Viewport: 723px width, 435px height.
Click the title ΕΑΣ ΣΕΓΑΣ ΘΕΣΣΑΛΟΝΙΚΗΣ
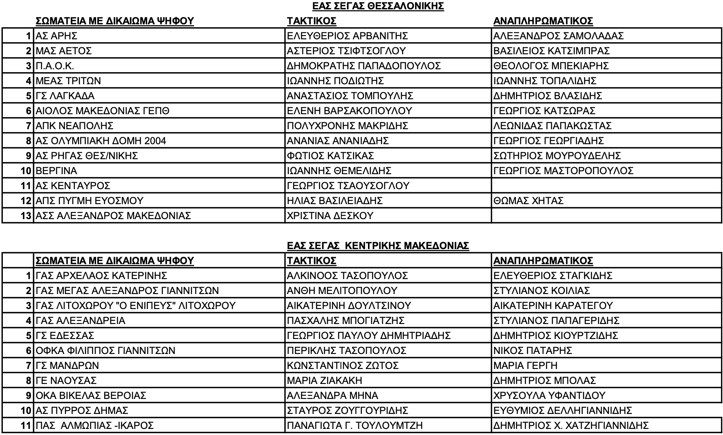pos(378,6)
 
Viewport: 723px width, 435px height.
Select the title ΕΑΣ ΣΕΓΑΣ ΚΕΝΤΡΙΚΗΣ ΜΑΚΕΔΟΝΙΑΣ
pos(378,245)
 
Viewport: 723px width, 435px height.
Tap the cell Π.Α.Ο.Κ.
pos(55,66)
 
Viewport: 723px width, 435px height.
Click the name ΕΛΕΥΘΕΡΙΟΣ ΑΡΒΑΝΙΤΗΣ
pos(347,36)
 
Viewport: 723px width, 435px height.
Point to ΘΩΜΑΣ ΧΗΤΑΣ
pos(528,200)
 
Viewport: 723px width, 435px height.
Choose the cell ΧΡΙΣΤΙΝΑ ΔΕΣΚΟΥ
pos(329,215)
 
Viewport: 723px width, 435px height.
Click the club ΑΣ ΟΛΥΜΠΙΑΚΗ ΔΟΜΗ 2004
pos(101,141)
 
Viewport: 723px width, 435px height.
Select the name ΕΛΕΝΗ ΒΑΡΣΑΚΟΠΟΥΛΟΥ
pos(349,111)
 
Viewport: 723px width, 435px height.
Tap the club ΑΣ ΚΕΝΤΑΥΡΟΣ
pos(73,186)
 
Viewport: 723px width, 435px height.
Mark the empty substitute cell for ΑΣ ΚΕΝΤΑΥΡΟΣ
pos(606,186)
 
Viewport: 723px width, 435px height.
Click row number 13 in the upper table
pos(26,215)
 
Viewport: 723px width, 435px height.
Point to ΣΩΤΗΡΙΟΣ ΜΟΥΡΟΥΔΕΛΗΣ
pos(557,156)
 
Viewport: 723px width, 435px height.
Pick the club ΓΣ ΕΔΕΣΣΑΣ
pos(65,335)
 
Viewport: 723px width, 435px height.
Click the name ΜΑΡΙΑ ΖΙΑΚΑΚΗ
pos(324,380)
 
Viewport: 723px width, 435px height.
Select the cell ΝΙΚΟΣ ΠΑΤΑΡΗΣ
pos(533,350)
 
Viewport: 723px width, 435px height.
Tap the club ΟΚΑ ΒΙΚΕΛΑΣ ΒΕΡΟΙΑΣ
pos(91,395)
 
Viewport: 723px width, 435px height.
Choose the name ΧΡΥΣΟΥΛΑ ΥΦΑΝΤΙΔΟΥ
pos(549,395)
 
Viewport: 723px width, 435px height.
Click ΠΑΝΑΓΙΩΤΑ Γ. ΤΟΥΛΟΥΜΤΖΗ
pos(355,425)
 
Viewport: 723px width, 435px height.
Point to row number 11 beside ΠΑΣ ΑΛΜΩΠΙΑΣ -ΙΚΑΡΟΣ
pos(26,425)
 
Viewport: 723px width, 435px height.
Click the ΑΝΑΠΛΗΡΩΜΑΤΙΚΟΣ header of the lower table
pos(543,260)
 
